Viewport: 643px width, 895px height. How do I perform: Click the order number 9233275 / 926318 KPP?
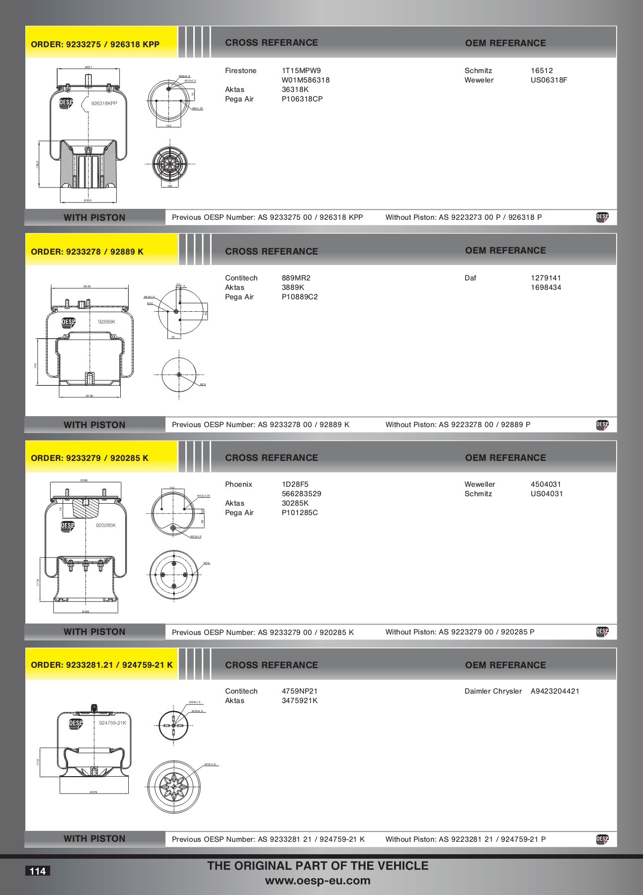tap(95, 44)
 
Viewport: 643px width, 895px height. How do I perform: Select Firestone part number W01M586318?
tap(305, 80)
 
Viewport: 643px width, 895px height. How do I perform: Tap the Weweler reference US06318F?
tap(549, 80)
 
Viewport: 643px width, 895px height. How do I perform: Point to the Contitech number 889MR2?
tap(296, 278)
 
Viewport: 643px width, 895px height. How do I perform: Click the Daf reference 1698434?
tap(546, 287)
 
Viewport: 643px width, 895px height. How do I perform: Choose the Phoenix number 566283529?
tap(301, 494)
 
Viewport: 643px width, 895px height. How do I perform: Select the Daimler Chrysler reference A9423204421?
tap(555, 691)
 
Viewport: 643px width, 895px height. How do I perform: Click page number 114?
tap(37, 871)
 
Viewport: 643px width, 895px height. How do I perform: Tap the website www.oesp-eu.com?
tap(318, 881)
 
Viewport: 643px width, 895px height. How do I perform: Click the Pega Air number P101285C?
tap(300, 513)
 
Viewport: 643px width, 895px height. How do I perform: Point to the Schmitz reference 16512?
tap(542, 71)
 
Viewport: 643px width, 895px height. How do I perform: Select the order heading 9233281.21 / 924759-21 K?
tap(101, 665)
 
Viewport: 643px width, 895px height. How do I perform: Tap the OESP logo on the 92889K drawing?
tap(68, 323)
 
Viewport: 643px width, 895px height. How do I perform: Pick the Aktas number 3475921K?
tap(299, 701)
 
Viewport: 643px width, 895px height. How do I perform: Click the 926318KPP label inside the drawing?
tap(104, 103)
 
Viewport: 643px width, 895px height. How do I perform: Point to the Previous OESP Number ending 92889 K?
tap(260, 425)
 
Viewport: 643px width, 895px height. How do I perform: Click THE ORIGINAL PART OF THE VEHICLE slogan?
tap(318, 866)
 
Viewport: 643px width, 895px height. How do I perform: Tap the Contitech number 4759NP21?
tap(299, 691)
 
